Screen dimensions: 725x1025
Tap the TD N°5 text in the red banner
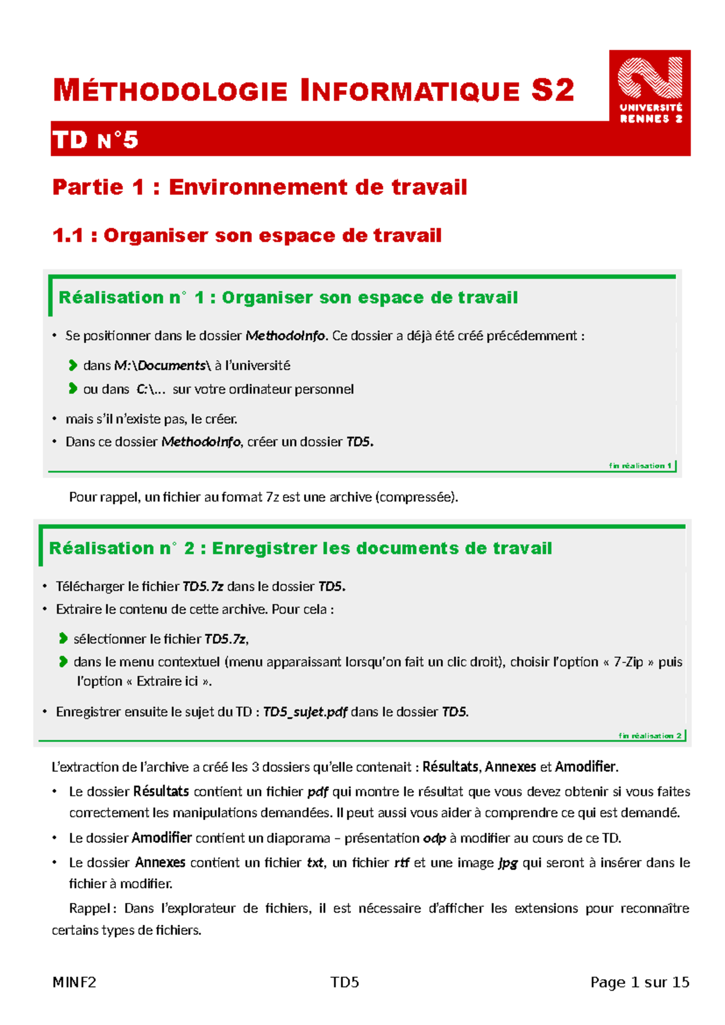coord(95,140)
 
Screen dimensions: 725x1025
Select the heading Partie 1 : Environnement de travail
coord(260,187)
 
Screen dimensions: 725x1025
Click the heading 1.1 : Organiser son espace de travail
coord(247,236)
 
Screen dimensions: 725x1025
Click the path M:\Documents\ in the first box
coord(163,366)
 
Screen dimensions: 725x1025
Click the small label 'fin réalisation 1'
coord(640,466)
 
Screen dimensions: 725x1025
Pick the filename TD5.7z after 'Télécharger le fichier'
coord(203,587)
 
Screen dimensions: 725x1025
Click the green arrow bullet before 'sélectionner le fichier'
coord(63,639)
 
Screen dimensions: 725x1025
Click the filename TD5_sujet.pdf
coord(305,713)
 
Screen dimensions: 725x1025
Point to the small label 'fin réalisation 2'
coord(649,736)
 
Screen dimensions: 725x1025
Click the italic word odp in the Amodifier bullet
coord(434,838)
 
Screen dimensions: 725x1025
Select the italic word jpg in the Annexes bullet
coord(507,863)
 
